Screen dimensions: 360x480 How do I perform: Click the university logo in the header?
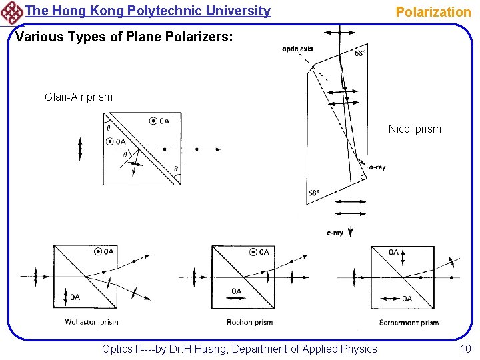(12, 12)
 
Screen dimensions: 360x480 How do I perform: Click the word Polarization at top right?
(433, 11)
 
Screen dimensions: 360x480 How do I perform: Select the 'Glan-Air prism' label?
(79, 97)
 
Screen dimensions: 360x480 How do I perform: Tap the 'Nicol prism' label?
(415, 129)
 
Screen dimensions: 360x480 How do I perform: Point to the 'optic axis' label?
(297, 48)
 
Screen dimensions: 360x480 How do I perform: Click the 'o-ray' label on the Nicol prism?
(377, 167)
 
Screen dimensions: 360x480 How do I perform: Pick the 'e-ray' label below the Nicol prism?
(335, 233)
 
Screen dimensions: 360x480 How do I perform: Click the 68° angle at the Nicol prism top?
(359, 53)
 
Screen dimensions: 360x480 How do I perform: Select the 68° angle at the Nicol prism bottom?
(314, 193)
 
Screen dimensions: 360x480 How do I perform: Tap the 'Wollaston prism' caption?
(91, 322)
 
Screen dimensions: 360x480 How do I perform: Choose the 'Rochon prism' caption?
(249, 322)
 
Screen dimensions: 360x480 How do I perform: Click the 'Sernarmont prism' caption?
(409, 323)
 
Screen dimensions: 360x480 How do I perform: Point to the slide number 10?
(465, 349)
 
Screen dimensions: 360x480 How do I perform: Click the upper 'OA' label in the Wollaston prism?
(109, 251)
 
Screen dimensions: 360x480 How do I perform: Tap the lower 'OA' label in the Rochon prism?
(237, 291)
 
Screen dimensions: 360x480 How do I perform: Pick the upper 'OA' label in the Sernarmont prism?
(393, 252)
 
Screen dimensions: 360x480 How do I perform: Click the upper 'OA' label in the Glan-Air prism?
(164, 121)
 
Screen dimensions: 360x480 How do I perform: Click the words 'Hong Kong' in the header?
(85, 11)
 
